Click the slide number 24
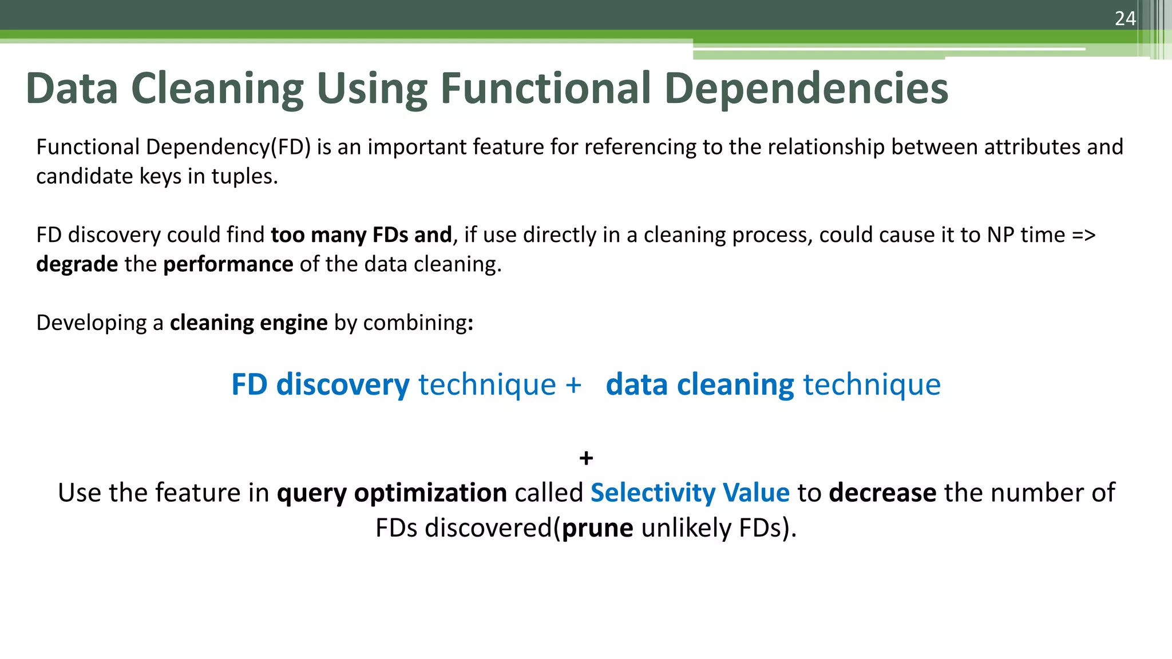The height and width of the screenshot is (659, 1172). coord(1125,19)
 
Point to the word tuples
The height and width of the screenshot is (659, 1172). coord(247,177)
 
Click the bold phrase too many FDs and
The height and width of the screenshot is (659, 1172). coord(361,235)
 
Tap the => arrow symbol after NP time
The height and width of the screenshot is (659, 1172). coord(1083,235)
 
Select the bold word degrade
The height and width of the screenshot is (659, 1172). coord(77,264)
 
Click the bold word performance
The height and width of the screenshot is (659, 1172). coord(228,264)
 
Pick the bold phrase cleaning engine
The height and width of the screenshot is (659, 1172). coord(248,323)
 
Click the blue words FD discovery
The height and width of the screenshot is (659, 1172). coord(320,384)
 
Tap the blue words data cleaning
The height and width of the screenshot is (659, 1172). coord(699,384)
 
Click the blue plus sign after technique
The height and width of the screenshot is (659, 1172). coord(573,385)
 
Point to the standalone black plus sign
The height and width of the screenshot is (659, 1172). coord(586,458)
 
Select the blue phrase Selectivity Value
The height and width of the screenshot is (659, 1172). coord(690,493)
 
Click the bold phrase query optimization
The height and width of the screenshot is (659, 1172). coord(391,493)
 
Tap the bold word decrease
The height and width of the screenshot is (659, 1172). coord(882,493)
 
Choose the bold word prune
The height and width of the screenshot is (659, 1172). coord(597,528)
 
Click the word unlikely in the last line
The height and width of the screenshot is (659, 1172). coord(686,528)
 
